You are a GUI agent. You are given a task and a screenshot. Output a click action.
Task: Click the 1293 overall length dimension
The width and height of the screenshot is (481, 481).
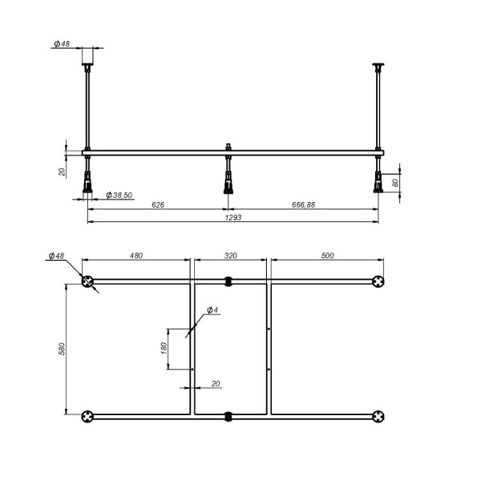pyautogui.click(x=233, y=217)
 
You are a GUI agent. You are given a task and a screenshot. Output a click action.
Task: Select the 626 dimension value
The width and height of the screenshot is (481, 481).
pyautogui.click(x=158, y=204)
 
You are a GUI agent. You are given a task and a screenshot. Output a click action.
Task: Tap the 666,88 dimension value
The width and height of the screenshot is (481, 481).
pyautogui.click(x=303, y=204)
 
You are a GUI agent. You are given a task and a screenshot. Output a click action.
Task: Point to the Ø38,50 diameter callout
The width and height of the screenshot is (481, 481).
pyautogui.click(x=119, y=195)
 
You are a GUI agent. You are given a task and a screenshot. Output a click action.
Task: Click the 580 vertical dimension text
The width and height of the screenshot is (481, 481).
pyautogui.click(x=62, y=349)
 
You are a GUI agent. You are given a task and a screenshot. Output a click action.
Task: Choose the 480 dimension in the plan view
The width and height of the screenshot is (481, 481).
pyautogui.click(x=136, y=255)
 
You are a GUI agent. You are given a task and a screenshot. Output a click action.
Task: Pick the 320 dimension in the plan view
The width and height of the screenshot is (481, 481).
pyautogui.click(x=230, y=255)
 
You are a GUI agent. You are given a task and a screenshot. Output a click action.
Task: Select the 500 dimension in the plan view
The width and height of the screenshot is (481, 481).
pyautogui.click(x=327, y=255)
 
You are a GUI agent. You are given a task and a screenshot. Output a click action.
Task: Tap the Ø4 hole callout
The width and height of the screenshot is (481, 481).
pyautogui.click(x=212, y=309)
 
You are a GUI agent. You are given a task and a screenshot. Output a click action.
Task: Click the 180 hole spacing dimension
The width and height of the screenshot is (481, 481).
pyautogui.click(x=164, y=349)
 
